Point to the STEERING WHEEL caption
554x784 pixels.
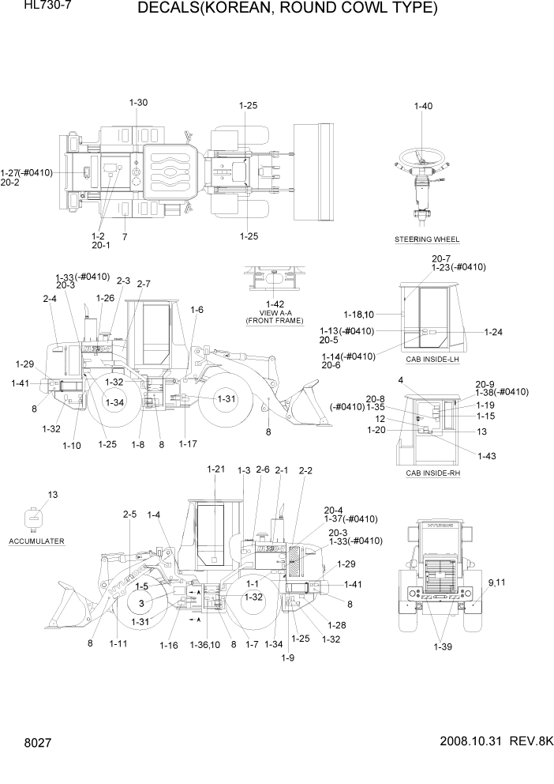click(x=426, y=239)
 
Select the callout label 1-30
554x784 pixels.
click(x=138, y=103)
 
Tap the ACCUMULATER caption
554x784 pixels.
click(x=37, y=541)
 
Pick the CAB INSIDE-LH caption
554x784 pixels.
click(x=432, y=360)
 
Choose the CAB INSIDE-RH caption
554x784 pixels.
click(x=432, y=473)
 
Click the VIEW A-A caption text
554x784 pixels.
click(x=275, y=312)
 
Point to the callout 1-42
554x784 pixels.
click(x=275, y=303)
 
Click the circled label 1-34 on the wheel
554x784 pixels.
click(x=116, y=402)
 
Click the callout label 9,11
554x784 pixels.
click(x=497, y=583)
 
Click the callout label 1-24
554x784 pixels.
click(x=493, y=332)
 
